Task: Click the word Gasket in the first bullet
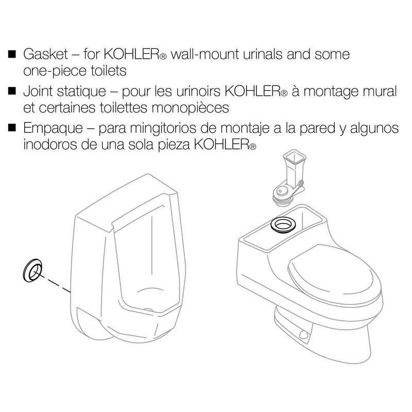(x=43, y=54)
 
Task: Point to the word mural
(x=380, y=93)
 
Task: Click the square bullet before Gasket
(x=13, y=54)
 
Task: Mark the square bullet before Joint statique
(x=13, y=93)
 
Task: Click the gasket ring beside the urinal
(x=32, y=270)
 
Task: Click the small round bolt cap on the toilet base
(x=303, y=335)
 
